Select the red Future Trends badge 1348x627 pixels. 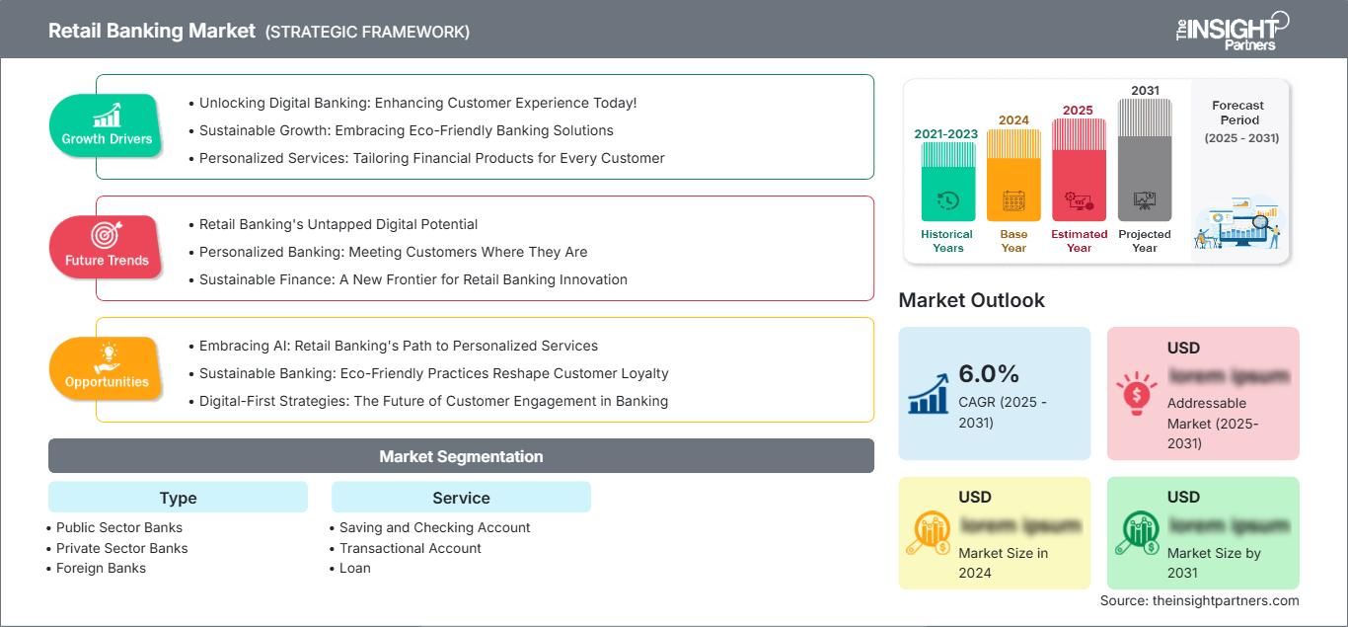point(107,247)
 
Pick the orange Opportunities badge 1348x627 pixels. point(107,368)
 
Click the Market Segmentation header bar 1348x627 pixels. point(461,456)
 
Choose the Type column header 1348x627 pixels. point(178,498)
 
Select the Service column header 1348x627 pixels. point(461,498)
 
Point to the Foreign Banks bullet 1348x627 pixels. point(101,568)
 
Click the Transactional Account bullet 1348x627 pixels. point(410,548)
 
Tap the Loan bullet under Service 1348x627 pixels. point(354,568)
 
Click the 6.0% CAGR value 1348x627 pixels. point(989,373)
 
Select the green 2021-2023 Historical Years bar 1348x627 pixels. point(947,182)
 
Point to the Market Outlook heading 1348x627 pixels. point(971,300)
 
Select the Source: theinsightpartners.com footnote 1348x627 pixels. point(1199,600)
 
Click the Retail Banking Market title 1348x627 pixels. point(151,31)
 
